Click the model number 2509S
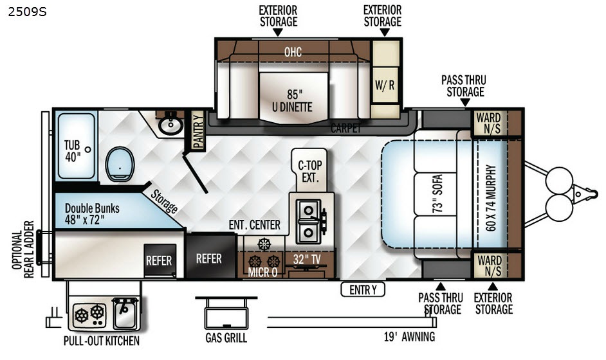[x=27, y=12]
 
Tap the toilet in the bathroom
[x=120, y=164]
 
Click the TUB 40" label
[x=72, y=151]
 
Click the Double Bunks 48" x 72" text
[x=92, y=213]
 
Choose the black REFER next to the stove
[x=208, y=258]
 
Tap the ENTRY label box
[x=363, y=289]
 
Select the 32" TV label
[x=306, y=259]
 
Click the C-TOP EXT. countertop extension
[x=310, y=171]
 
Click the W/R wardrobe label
[x=385, y=85]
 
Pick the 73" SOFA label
[x=437, y=194]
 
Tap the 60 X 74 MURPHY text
[x=490, y=198]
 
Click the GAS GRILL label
[x=226, y=338]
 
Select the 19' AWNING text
[x=409, y=337]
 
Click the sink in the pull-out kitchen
[x=125, y=312]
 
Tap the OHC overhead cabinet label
[x=293, y=52]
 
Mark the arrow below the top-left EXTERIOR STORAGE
[x=277, y=33]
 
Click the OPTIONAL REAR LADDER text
[x=23, y=249]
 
